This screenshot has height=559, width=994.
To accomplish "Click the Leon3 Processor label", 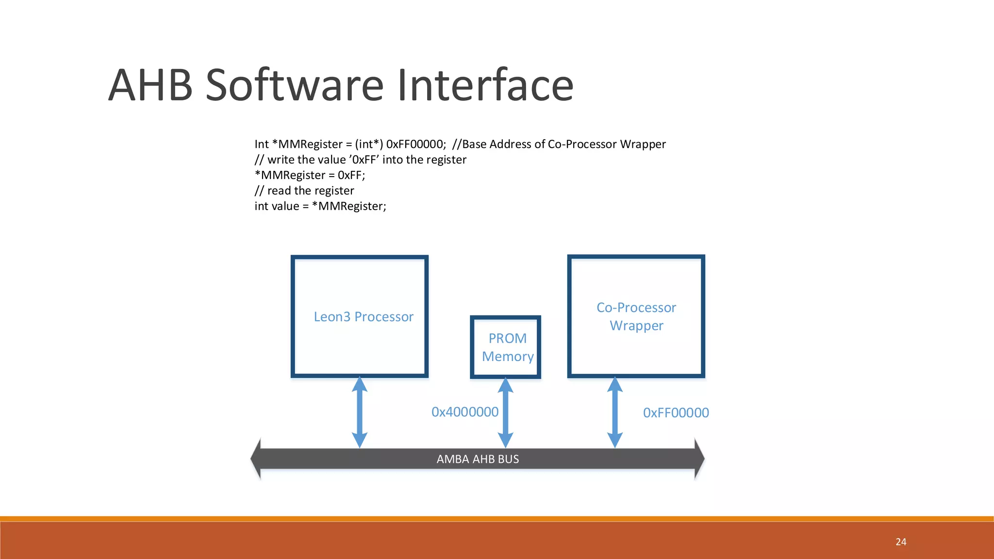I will click(x=364, y=317).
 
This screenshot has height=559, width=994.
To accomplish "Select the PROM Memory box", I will click(x=506, y=347).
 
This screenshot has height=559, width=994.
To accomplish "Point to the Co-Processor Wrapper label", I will click(x=636, y=316).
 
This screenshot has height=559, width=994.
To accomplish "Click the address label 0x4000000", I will click(x=464, y=412).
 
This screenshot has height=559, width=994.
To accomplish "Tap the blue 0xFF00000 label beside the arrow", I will click(x=676, y=413).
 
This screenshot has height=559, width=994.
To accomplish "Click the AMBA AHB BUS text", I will click(x=478, y=459).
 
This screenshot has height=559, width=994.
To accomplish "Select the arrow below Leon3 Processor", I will click(x=360, y=412).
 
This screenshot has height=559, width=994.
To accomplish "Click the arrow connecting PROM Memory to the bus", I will click(x=506, y=412).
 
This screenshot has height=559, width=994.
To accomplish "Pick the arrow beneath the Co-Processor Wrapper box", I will click(x=615, y=412).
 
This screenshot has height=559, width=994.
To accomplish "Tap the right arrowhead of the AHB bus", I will click(x=699, y=459).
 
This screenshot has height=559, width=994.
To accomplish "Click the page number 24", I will click(x=901, y=542).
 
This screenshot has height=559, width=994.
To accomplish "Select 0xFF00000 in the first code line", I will click(x=415, y=144).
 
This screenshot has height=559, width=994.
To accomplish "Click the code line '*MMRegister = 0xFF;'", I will click(x=310, y=175).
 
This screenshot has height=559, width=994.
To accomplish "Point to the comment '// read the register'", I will click(x=304, y=191).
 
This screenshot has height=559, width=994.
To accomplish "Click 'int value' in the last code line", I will click(x=276, y=206).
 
